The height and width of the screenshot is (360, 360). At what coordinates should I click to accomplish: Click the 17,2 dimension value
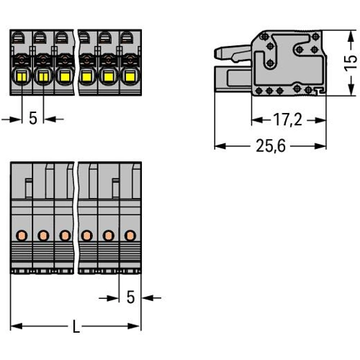pyautogui.click(x=287, y=120)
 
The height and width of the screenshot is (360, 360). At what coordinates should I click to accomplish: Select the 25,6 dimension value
pyautogui.click(x=271, y=145)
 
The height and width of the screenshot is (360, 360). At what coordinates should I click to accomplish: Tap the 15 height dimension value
pyautogui.click(x=351, y=63)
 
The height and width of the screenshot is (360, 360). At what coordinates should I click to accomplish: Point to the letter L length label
pyautogui.click(x=76, y=326)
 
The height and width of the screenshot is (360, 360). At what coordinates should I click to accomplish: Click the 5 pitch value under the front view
pyautogui.click(x=33, y=118)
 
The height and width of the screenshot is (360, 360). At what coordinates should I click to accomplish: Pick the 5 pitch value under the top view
pyautogui.click(x=130, y=297)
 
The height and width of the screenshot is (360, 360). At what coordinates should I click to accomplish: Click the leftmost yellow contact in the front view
pyautogui.click(x=22, y=77)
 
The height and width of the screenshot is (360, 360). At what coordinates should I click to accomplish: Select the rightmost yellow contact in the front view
pyautogui.click(x=130, y=77)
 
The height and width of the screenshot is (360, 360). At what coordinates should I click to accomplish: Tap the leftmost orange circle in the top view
pyautogui.click(x=22, y=235)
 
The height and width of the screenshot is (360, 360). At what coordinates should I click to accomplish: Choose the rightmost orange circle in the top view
pyautogui.click(x=130, y=235)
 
